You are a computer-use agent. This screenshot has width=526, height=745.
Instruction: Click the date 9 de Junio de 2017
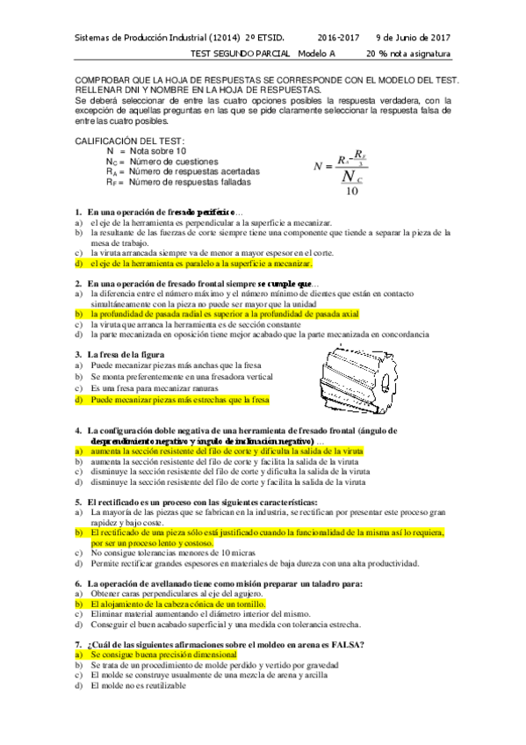point(413,38)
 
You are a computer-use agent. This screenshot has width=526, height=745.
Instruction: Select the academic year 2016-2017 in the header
point(338,38)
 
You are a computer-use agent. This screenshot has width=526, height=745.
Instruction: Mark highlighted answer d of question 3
point(176,399)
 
